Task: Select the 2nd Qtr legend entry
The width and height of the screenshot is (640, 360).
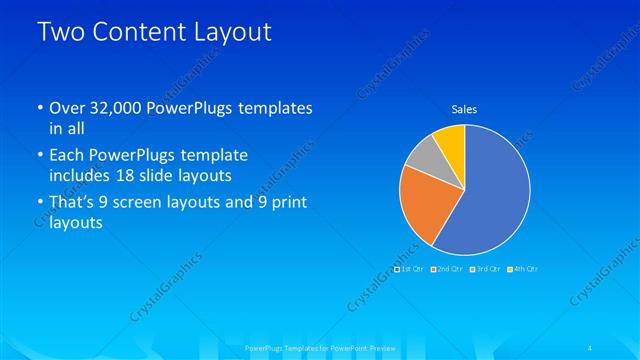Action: tap(449, 269)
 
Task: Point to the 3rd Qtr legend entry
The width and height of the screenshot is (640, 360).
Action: tap(485, 269)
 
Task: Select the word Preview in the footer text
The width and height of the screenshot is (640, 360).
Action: tap(377, 347)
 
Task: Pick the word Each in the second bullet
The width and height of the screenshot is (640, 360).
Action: tap(66, 155)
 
